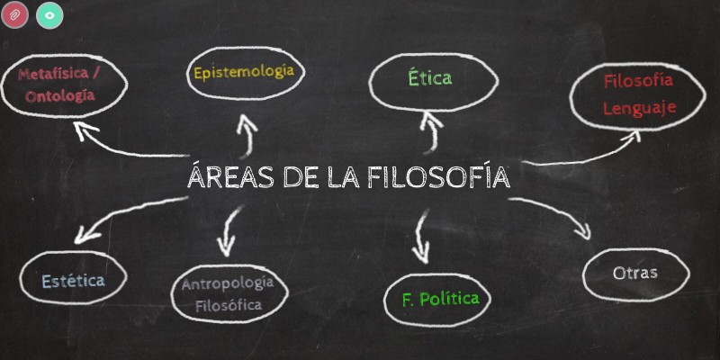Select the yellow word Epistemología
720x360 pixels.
pyautogui.click(x=244, y=71)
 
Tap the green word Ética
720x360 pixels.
pyautogui.click(x=428, y=78)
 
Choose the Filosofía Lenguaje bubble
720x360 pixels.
pyautogui.click(x=639, y=94)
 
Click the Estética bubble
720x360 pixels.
pyautogui.click(x=73, y=280)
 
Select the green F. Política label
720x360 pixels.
pyautogui.click(x=440, y=298)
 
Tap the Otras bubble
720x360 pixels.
pyautogui.click(x=634, y=273)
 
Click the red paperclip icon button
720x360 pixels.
pyautogui.click(x=15, y=15)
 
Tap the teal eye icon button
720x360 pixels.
pyautogui.click(x=49, y=15)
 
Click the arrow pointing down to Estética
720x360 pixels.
pyautogui.click(x=126, y=220)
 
